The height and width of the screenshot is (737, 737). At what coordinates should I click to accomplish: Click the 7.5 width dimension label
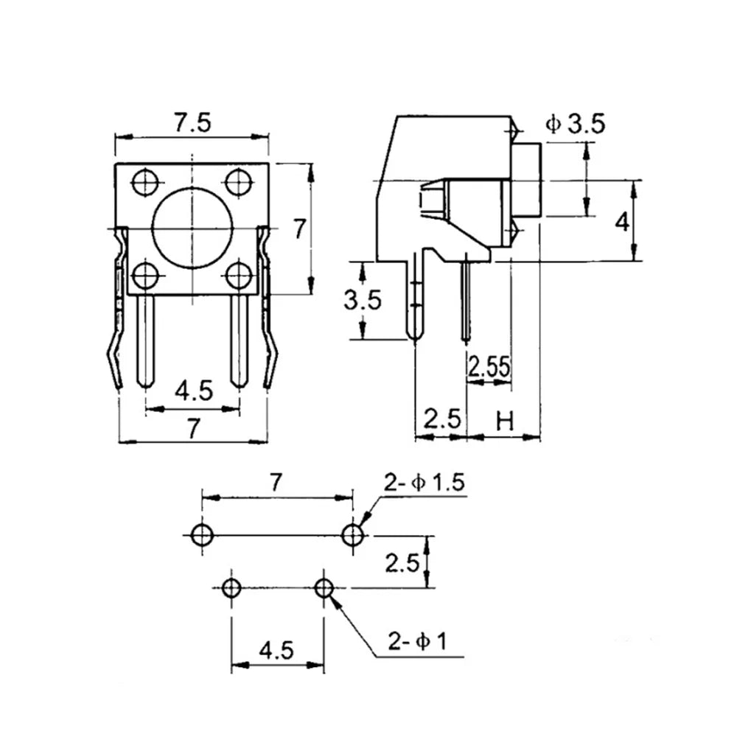pos(192,123)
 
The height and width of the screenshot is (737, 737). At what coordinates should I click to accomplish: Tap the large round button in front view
pos(192,228)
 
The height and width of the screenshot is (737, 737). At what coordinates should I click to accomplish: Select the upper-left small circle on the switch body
pos(146,182)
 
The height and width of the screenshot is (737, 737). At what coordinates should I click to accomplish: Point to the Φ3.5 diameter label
pos(576,124)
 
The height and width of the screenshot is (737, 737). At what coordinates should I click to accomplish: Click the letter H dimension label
pos(505,421)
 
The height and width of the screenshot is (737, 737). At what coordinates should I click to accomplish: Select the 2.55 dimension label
pos(489,367)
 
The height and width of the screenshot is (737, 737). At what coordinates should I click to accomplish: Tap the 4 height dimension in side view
pos(622,222)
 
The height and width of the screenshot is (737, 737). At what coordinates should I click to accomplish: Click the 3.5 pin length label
pos(363,300)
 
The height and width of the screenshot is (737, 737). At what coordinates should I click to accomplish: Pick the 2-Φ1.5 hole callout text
pos(425,483)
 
